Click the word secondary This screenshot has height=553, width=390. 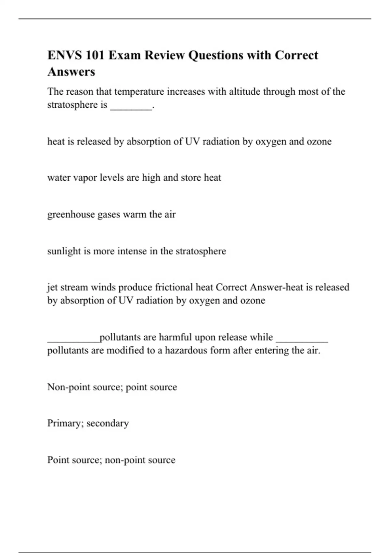(108, 423)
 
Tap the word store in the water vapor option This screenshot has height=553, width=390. (191, 178)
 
